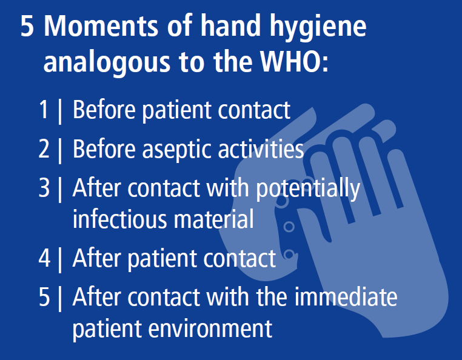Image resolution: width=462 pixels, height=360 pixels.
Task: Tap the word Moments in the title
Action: tap(101, 26)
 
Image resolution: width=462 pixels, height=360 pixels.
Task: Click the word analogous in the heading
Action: tap(107, 64)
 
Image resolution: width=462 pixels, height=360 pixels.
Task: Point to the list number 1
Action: tap(44, 110)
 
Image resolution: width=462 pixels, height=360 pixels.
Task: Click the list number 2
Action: tap(44, 148)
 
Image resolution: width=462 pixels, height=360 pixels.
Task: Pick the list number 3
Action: tap(44, 188)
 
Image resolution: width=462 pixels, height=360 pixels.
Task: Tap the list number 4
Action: tap(44, 258)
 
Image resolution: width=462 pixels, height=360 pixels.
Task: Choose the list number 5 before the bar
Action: tap(44, 296)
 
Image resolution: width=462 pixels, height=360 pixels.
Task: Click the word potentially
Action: tap(308, 190)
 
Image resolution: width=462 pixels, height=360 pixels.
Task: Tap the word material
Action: tap(213, 219)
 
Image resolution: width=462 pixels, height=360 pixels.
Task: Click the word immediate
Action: tap(346, 296)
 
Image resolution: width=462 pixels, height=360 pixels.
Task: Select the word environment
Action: tap(210, 328)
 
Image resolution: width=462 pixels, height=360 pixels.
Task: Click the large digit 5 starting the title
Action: tap(27, 26)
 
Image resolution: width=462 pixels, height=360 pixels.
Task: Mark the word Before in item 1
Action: tap(104, 110)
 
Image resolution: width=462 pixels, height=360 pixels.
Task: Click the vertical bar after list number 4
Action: tap(60, 259)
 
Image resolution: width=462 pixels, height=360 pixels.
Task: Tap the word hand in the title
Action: tap(230, 25)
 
